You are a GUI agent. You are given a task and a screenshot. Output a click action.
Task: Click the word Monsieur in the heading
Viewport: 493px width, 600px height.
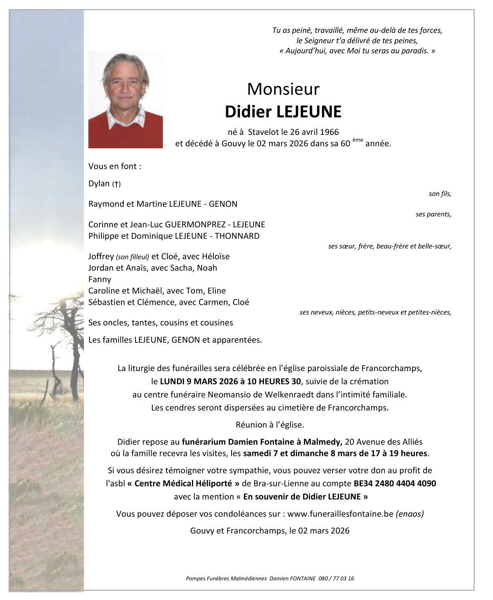283,89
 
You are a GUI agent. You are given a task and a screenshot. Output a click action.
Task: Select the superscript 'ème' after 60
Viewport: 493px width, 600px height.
358,140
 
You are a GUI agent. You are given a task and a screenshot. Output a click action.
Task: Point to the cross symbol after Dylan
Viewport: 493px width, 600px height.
116,184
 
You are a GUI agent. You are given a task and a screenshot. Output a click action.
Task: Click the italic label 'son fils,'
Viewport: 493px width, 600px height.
440,194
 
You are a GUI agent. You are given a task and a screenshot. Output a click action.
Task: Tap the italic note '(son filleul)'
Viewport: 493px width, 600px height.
133,257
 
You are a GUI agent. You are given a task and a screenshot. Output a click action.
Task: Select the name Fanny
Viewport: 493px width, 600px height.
99,279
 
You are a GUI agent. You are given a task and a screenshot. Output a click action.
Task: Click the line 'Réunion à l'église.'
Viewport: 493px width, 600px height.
270,425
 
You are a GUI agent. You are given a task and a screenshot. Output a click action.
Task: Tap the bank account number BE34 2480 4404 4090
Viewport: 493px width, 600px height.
394,483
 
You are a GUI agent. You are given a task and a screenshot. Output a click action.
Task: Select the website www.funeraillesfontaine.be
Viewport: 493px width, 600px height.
340,514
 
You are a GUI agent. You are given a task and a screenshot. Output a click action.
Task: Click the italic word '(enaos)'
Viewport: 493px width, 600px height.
410,514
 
